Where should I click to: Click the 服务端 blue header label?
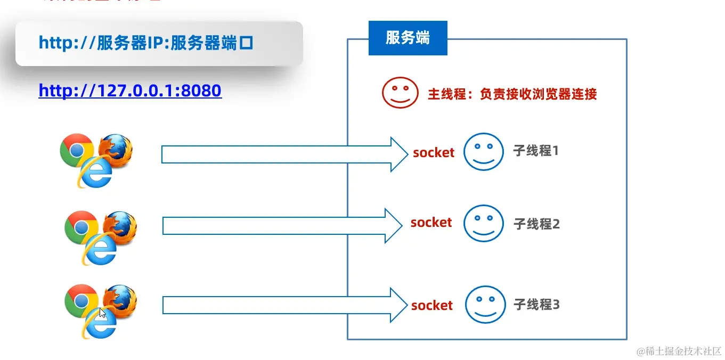click(x=408, y=38)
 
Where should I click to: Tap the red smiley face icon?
click(x=400, y=93)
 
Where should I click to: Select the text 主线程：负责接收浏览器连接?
click(x=512, y=94)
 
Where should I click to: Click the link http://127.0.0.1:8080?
click(x=130, y=91)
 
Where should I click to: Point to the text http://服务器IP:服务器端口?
click(x=145, y=43)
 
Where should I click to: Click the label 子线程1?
click(x=536, y=151)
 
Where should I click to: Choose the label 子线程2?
click(x=536, y=224)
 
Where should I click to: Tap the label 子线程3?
click(x=536, y=305)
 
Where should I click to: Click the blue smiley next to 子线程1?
click(x=483, y=152)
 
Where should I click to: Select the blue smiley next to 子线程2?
click(x=483, y=224)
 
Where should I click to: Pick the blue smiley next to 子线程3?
click(x=485, y=305)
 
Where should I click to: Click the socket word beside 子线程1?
click(x=434, y=153)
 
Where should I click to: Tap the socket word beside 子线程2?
click(x=431, y=223)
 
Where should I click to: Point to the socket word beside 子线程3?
click(x=432, y=306)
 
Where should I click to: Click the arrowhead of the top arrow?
click(x=399, y=154)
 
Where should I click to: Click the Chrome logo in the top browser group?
click(x=77, y=150)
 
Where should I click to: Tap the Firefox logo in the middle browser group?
click(x=121, y=227)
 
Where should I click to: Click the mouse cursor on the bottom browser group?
click(x=103, y=313)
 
